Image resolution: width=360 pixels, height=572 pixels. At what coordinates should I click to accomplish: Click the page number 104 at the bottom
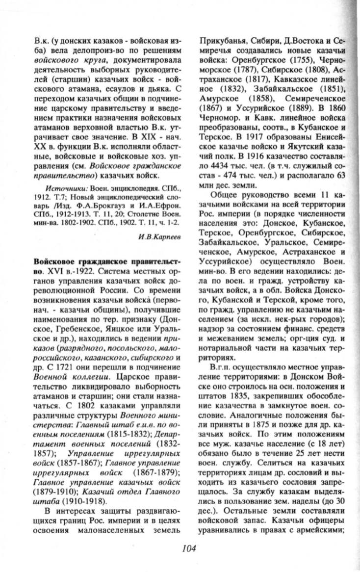(188, 549)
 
